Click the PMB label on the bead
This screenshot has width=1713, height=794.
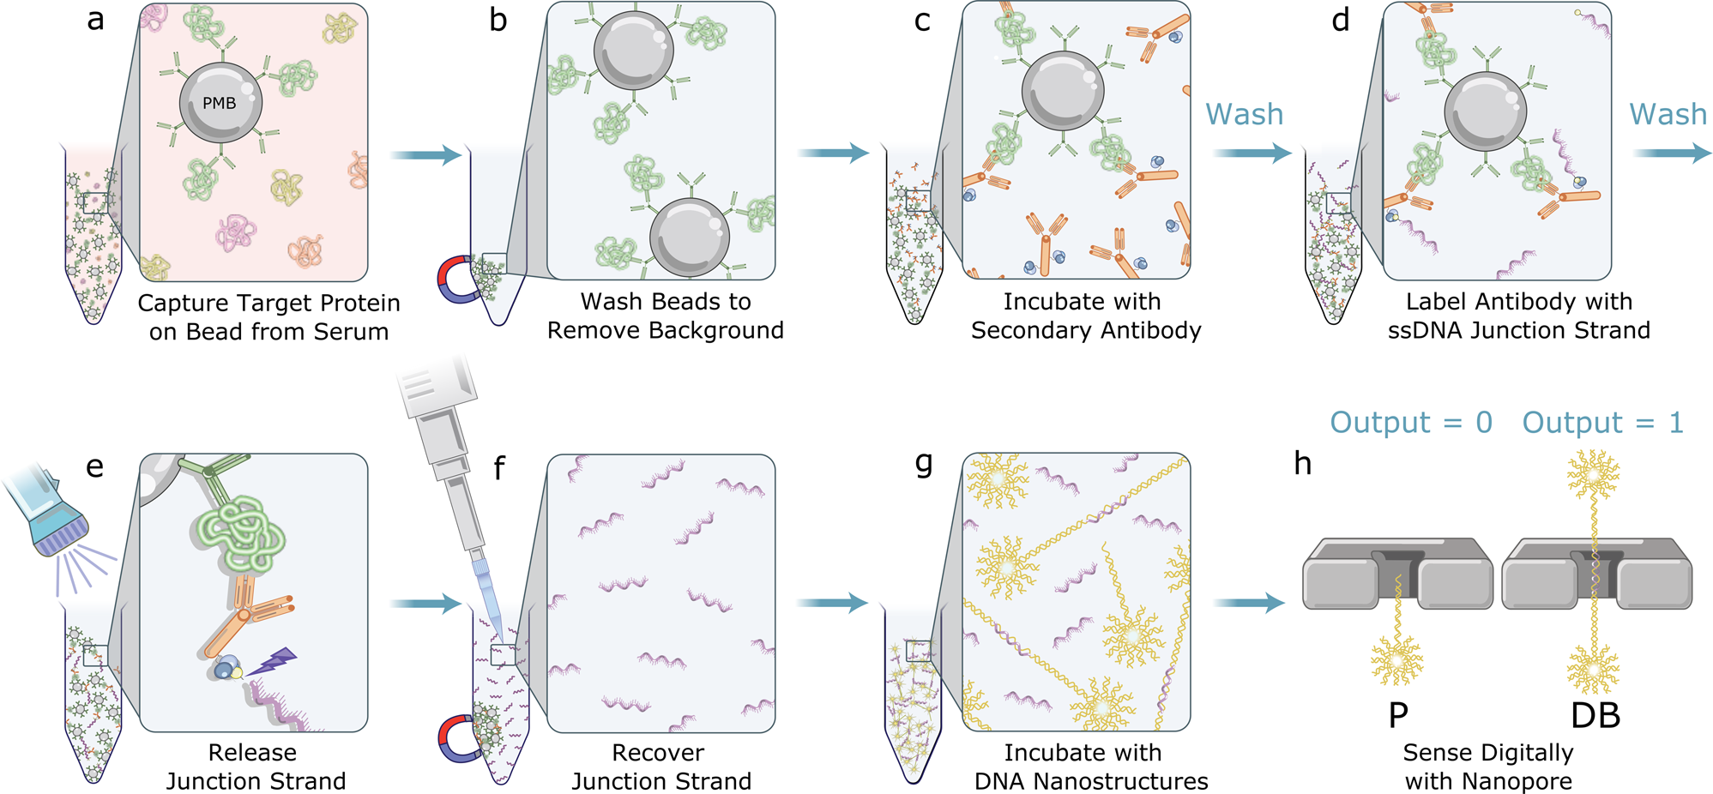[219, 103]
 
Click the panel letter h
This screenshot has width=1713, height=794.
[1302, 464]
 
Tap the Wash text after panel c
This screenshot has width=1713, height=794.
[1244, 114]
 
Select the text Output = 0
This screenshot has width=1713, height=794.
[1410, 422]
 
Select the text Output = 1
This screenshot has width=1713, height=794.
[1602, 422]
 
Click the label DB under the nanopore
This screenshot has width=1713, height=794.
[1595, 715]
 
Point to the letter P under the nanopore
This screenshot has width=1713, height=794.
[1397, 715]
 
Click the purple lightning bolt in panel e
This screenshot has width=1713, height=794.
[273, 661]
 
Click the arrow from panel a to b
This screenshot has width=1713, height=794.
[425, 155]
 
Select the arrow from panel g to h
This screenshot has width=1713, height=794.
[1249, 604]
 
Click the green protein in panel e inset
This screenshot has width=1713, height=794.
[240, 536]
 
